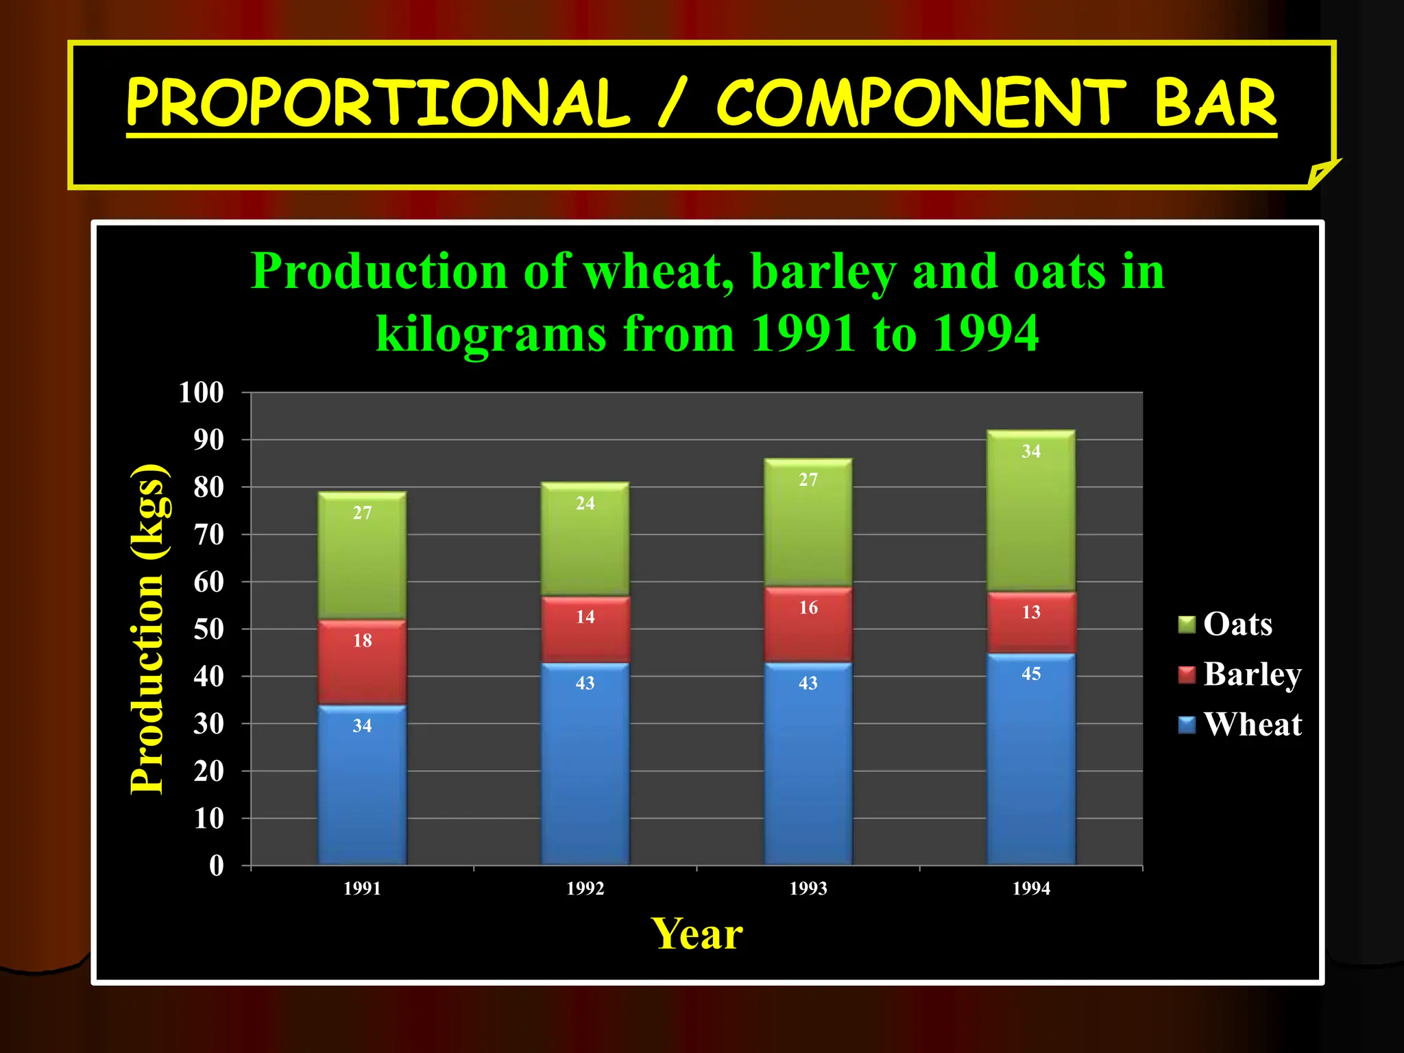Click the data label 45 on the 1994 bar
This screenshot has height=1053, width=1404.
(1031, 674)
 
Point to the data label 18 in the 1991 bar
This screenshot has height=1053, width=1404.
(362, 640)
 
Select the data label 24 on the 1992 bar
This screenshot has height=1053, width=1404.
(585, 503)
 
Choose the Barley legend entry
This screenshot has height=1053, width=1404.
(1239, 674)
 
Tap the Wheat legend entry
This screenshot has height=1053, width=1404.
(1239, 724)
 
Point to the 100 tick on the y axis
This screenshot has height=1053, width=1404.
(201, 393)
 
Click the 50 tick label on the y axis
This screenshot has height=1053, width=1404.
(208, 629)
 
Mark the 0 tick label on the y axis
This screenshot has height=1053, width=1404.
(217, 865)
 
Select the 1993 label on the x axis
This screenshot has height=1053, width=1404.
(808, 888)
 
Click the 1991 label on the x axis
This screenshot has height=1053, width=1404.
(362, 888)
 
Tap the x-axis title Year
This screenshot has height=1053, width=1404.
(696, 934)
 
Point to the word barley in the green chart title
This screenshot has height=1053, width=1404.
(823, 271)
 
